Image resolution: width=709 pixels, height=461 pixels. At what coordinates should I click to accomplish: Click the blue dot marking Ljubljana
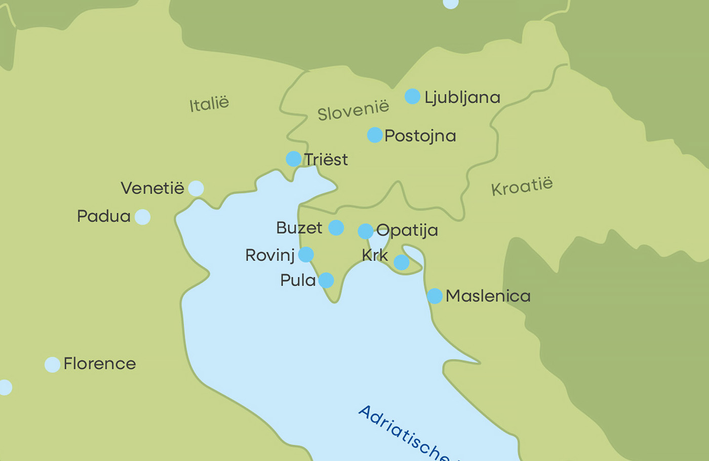[412, 96]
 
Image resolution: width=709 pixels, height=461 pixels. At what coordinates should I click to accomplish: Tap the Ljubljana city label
[462, 97]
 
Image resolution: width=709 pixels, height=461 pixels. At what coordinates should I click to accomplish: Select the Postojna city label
[420, 136]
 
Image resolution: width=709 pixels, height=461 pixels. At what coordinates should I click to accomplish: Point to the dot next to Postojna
[375, 135]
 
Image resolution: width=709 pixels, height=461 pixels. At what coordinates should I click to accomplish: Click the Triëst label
[326, 160]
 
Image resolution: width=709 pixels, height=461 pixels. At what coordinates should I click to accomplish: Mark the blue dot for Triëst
[294, 159]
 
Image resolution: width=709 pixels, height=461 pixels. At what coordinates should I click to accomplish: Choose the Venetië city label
[152, 188]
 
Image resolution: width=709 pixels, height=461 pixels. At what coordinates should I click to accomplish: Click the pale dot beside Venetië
[196, 188]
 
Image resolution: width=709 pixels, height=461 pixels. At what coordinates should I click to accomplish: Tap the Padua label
[104, 216]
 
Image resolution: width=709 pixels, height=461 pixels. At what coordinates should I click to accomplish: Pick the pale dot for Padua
[143, 217]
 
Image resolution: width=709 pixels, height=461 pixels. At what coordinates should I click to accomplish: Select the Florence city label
[100, 364]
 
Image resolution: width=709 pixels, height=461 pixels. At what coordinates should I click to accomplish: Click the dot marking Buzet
[336, 228]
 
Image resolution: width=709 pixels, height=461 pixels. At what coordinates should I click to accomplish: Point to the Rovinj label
[270, 255]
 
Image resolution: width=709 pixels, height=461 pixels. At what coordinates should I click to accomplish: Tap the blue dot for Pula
[326, 280]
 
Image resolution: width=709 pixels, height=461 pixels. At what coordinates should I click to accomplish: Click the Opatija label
[407, 230]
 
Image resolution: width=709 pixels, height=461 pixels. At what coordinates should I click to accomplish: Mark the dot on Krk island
[402, 262]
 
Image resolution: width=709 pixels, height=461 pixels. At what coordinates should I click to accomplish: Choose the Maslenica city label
[488, 296]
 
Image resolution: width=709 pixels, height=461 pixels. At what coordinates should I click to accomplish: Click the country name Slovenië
[353, 110]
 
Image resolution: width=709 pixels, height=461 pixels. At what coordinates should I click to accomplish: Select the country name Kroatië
[522, 186]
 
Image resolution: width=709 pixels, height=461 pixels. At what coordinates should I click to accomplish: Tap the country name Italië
[209, 104]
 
